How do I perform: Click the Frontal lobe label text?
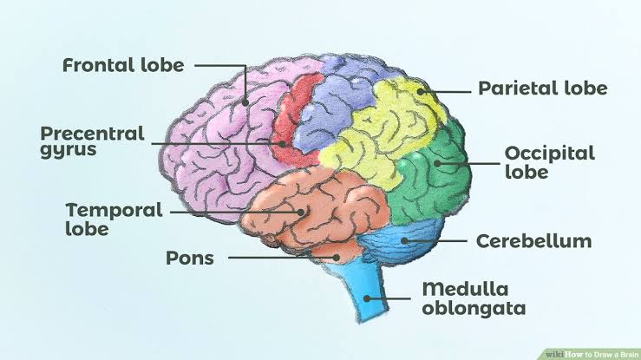tap(123, 65)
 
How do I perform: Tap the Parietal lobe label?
tap(542, 88)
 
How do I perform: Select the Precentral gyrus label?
tap(93, 141)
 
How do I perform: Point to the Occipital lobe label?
tap(549, 162)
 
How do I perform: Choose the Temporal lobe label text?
tap(114, 219)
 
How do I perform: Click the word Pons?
tap(190, 258)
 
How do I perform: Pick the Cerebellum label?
tap(534, 241)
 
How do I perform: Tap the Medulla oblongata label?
tap(474, 298)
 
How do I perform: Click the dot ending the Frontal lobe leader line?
tap(245, 102)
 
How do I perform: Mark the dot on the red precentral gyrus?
tap(282, 144)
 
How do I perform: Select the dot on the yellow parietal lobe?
tap(421, 92)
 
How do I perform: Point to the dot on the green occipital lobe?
tap(437, 163)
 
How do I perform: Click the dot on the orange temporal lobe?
tap(301, 212)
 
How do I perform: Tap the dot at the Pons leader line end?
tap(336, 258)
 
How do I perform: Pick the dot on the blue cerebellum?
tap(404, 240)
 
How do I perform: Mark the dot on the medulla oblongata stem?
tap(367, 298)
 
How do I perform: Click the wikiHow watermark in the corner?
tap(592, 354)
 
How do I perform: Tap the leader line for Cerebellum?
tap(435, 241)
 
